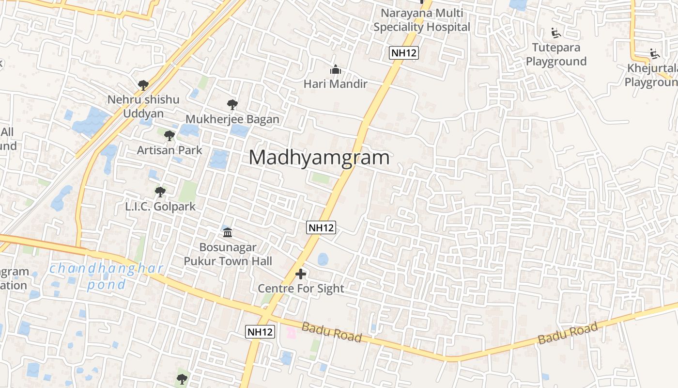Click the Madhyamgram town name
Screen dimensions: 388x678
click(319, 158)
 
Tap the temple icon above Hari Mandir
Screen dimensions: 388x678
click(335, 70)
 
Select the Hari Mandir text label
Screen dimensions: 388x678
click(335, 84)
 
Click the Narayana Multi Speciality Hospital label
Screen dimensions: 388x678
click(422, 20)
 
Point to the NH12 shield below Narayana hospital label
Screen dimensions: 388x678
click(403, 53)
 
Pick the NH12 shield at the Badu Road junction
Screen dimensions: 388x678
click(260, 332)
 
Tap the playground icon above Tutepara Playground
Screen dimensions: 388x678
click(556, 33)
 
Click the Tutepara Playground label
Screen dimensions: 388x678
click(556, 54)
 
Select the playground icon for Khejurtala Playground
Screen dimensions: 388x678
click(655, 54)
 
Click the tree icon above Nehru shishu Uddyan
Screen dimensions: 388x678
click(143, 85)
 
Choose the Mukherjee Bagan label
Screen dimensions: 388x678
click(232, 119)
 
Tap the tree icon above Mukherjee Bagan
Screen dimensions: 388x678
click(232, 104)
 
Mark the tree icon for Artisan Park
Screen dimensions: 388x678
click(169, 136)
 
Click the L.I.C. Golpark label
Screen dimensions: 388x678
click(160, 206)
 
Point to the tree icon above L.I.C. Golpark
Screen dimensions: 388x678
click(160, 192)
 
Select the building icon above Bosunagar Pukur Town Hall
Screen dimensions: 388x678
click(228, 233)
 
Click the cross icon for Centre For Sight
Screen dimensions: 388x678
click(301, 274)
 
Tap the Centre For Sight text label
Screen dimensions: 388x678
click(301, 289)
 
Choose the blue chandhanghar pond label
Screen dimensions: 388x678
click(107, 275)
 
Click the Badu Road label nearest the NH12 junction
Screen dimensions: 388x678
click(332, 332)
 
